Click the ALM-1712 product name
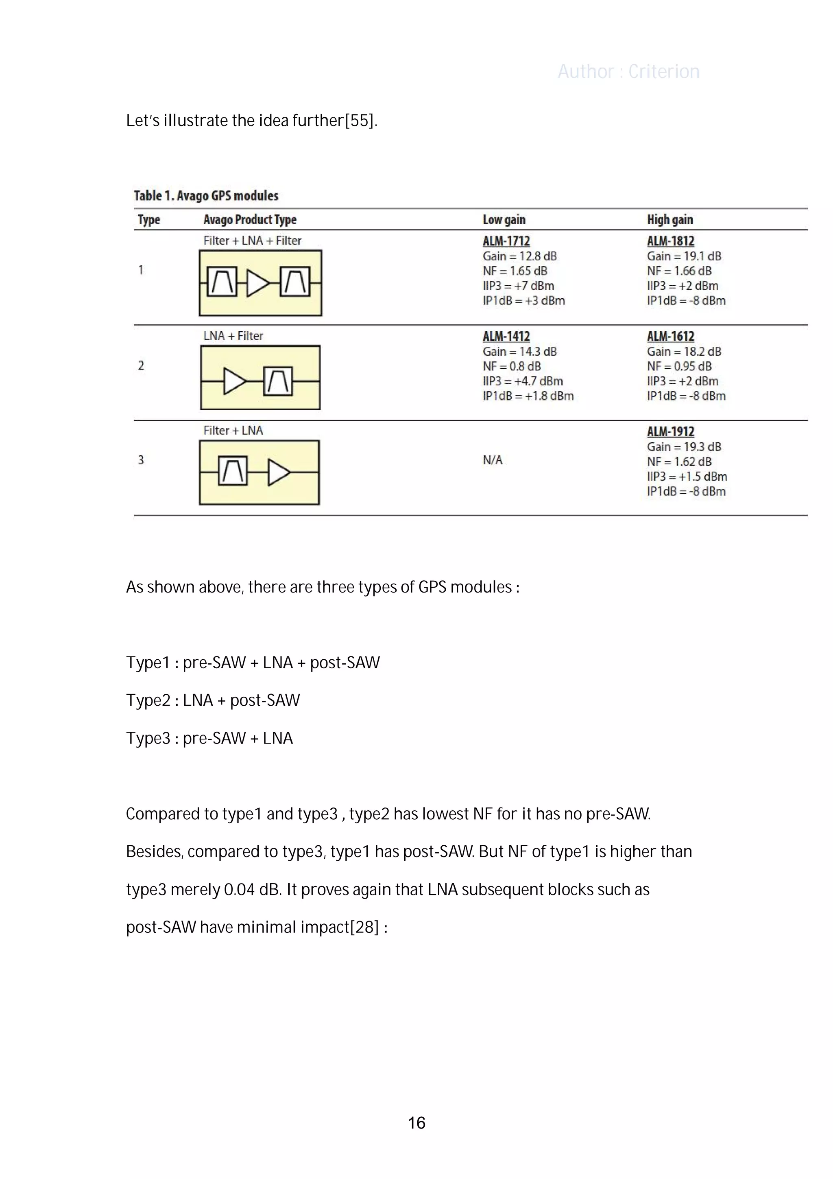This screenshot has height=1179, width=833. [506, 241]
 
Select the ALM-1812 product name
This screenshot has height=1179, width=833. [670, 241]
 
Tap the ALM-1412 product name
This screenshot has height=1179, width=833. [506, 336]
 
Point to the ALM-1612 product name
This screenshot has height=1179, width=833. [670, 336]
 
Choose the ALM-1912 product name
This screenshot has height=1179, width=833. [670, 432]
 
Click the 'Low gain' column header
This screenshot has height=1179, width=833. [504, 220]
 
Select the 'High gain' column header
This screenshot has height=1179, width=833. [670, 220]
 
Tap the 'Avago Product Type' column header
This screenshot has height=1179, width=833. [250, 220]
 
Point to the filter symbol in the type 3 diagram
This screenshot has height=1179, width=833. [233, 471]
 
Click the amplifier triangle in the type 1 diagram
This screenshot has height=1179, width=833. [257, 283]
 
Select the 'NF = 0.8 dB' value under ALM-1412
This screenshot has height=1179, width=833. [512, 367]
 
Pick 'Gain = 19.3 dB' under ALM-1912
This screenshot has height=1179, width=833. [684, 447]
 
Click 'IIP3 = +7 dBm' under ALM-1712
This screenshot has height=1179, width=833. [518, 286]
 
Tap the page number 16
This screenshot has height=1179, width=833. [416, 1123]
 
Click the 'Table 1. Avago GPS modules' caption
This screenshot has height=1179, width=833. [206, 196]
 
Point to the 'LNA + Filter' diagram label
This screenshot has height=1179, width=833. [233, 336]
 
